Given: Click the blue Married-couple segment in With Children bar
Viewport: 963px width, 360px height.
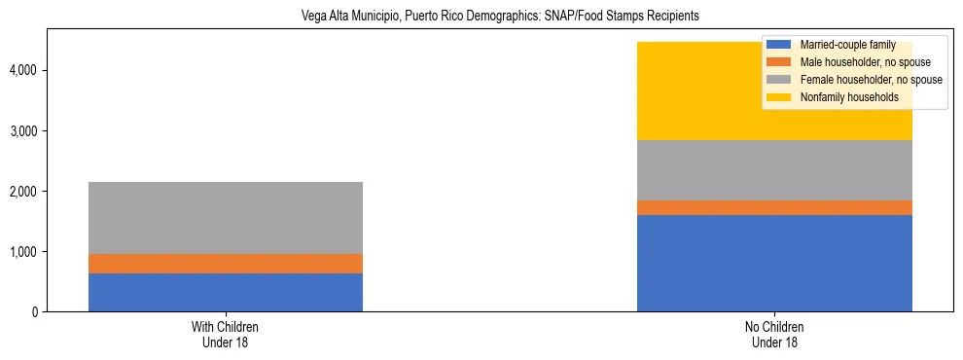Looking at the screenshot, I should point(225,292).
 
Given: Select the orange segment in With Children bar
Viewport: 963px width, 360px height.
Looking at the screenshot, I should point(225,264).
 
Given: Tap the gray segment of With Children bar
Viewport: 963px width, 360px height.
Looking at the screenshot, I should point(225,218).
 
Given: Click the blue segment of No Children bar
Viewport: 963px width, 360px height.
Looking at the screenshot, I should point(774,263).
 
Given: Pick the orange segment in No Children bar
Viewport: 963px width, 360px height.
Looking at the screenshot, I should point(774,207).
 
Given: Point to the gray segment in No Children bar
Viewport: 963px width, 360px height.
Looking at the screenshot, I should point(774,170).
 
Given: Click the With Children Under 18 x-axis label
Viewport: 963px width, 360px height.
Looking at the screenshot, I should point(225,335).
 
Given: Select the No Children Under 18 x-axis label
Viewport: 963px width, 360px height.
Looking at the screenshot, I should point(774,335).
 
